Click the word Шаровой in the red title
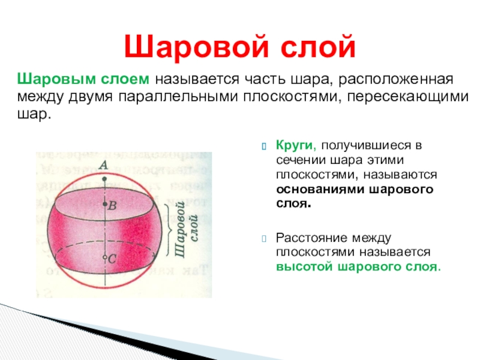[x=197, y=47]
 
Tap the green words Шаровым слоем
[x=83, y=79]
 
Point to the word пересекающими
[x=408, y=97]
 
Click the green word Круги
[x=296, y=145]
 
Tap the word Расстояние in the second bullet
[x=311, y=238]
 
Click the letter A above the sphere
[x=104, y=165]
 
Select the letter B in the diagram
[x=112, y=205]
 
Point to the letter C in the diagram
[x=112, y=259]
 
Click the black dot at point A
[x=104, y=179]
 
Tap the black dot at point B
[x=104, y=204]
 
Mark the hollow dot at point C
[x=104, y=257]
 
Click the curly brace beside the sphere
[x=169, y=230]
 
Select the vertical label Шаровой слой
[x=185, y=230]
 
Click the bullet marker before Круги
[x=264, y=147]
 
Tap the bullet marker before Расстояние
[x=264, y=239]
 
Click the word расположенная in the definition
[x=395, y=80]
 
